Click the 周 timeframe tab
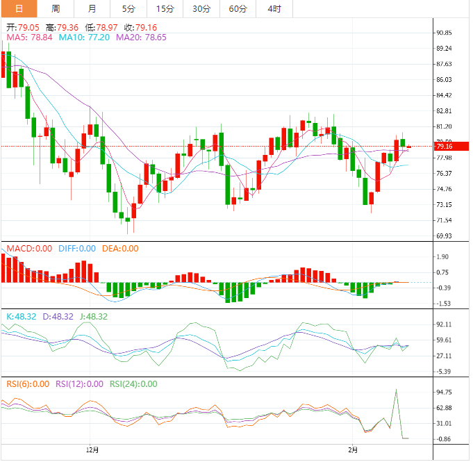[56, 9]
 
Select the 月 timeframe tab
[92, 9]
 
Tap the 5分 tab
[128, 9]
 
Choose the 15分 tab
[165, 9]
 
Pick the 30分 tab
[201, 9]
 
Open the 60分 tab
[238, 9]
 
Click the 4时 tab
[274, 9]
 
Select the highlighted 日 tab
[19, 9]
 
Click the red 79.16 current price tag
[444, 147]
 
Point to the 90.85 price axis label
[444, 33]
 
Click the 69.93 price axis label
[444, 236]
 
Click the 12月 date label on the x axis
[92, 449]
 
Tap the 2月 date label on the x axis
[354, 449]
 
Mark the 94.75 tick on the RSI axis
[444, 392]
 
